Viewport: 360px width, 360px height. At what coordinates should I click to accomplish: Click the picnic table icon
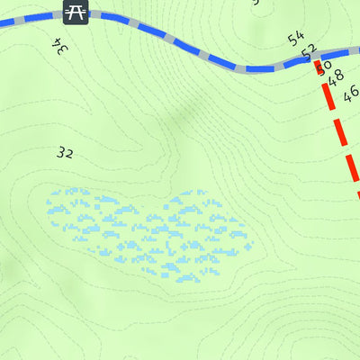click(76, 12)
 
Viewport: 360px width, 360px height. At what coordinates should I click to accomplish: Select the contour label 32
click(64, 153)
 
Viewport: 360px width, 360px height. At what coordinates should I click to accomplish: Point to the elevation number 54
click(296, 39)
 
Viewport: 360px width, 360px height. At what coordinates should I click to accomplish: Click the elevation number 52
click(310, 51)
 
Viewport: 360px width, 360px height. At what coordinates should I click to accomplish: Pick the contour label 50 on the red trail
click(324, 66)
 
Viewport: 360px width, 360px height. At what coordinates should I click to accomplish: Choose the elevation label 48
click(337, 78)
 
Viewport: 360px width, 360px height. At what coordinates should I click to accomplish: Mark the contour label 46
click(351, 91)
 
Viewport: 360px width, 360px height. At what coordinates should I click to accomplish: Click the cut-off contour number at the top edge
click(256, 3)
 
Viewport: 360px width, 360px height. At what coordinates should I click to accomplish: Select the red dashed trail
click(340, 135)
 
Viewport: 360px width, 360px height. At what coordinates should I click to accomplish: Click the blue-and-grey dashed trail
click(180, 40)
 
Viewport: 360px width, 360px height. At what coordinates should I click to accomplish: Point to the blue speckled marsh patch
click(148, 229)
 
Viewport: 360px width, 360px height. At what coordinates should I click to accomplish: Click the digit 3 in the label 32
click(60, 153)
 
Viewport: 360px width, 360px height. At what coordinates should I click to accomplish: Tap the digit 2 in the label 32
click(68, 153)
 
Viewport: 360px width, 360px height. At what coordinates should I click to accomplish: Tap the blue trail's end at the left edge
click(2, 24)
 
